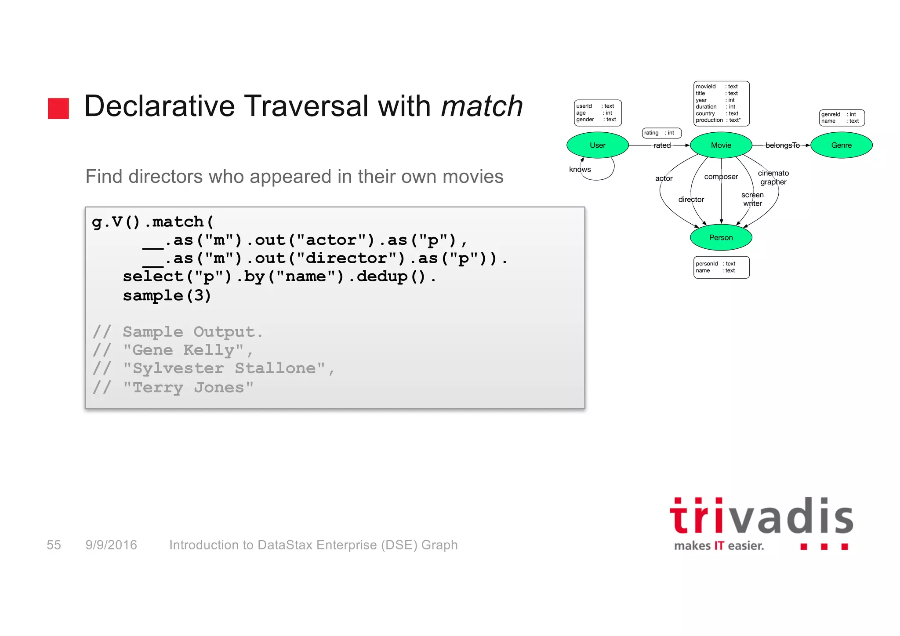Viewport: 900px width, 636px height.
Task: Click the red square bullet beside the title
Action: point(58,109)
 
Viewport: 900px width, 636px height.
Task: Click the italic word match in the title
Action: point(482,106)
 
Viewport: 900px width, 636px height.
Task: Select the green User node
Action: point(597,145)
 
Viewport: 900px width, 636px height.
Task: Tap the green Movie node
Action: point(721,145)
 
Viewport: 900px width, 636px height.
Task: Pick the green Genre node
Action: point(841,145)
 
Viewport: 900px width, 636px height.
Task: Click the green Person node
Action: point(721,237)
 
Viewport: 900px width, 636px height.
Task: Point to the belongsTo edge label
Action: point(782,145)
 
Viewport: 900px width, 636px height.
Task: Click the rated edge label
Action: point(662,145)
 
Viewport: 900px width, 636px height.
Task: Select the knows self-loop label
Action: point(580,169)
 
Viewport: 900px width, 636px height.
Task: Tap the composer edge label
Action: point(721,177)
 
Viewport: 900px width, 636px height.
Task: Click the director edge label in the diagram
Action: point(691,200)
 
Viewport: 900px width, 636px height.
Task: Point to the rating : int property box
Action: point(661,133)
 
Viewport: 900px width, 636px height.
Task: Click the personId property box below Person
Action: point(721,267)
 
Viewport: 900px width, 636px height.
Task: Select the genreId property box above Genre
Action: point(842,118)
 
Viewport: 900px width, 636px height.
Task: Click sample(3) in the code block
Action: point(167,295)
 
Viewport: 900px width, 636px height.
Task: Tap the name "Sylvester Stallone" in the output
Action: point(224,368)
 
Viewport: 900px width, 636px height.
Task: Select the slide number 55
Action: point(54,545)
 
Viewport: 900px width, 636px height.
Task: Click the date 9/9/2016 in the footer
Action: point(111,545)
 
